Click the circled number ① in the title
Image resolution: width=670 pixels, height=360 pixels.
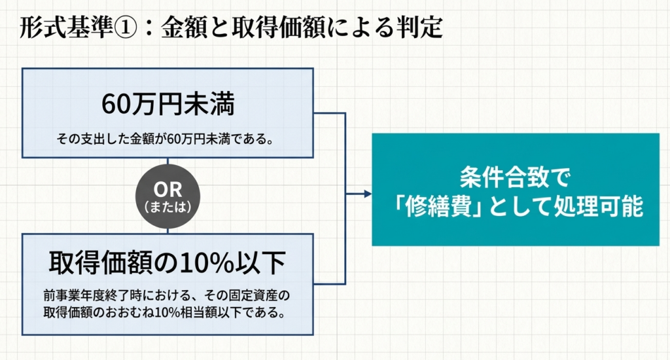coord(124,28)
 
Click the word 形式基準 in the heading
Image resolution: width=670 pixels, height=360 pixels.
coord(66,28)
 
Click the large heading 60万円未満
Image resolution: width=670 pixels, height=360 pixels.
coord(168,104)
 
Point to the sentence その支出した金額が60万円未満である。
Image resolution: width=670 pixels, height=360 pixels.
coord(165,139)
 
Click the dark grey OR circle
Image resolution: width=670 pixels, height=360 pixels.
coord(167,196)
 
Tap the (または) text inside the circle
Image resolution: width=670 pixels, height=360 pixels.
coord(167,207)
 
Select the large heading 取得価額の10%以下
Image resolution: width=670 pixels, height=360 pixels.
coord(167,262)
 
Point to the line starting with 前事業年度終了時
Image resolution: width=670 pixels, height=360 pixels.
coord(167,295)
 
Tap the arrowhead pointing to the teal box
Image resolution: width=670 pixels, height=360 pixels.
coord(368,194)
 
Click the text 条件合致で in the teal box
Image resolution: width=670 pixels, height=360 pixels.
coord(516,177)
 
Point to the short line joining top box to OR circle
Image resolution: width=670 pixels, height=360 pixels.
coord(167,161)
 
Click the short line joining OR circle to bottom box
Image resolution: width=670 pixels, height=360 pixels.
coord(167,231)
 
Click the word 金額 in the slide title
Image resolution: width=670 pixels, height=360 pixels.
coord(184,28)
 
